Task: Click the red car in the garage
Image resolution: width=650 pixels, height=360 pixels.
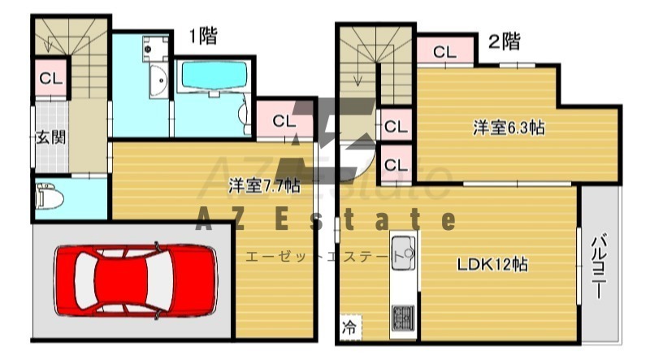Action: pyautogui.click(x=136, y=280)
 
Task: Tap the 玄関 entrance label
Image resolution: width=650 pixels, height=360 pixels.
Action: pyautogui.click(x=51, y=137)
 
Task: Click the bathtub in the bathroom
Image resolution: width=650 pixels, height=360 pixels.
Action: pyautogui.click(x=214, y=75)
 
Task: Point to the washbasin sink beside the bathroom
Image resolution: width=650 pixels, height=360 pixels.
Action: pyautogui.click(x=158, y=81)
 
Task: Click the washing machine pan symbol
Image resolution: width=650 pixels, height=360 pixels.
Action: pyautogui.click(x=155, y=49)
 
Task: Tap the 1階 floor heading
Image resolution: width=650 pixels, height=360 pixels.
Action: pyautogui.click(x=203, y=37)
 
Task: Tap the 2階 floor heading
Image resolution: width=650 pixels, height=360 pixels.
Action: pyautogui.click(x=504, y=41)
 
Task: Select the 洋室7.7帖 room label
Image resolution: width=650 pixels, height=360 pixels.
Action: pyautogui.click(x=265, y=186)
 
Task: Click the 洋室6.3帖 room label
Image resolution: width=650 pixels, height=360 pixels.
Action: pyautogui.click(x=509, y=128)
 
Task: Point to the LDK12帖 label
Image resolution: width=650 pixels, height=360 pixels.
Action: pyautogui.click(x=492, y=264)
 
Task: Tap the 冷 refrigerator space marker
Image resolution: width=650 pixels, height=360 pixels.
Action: pyautogui.click(x=349, y=328)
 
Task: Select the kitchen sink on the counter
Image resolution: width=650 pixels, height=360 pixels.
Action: pyautogui.click(x=403, y=252)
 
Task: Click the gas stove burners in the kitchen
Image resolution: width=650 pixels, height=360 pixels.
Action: pyautogui.click(x=402, y=317)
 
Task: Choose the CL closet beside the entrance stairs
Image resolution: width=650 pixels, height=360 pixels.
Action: pyautogui.click(x=51, y=78)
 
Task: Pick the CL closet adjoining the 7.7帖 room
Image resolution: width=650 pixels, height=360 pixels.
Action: pyautogui.click(x=284, y=121)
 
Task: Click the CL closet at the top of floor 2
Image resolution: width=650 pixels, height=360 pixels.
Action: pyautogui.click(x=444, y=52)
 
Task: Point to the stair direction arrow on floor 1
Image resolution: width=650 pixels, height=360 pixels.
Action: pyautogui.click(x=49, y=45)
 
